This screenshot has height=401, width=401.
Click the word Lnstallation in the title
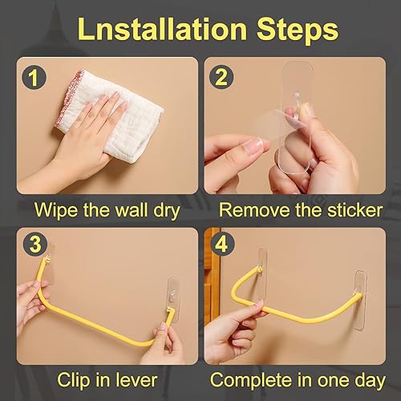pyautogui.click(x=162, y=29)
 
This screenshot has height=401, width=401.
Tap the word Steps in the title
pyautogui.click(x=298, y=30)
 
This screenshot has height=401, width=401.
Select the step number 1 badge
pyautogui.click(x=34, y=78)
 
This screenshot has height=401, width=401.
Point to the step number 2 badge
pyautogui.click(x=221, y=77)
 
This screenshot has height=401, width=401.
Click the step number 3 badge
pyautogui.click(x=35, y=245)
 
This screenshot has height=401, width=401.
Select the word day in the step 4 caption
pyautogui.click(x=371, y=381)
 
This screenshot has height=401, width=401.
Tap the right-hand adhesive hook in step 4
pyautogui.click(x=360, y=301)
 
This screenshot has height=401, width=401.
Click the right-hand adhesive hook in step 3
pyautogui.click(x=173, y=298)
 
